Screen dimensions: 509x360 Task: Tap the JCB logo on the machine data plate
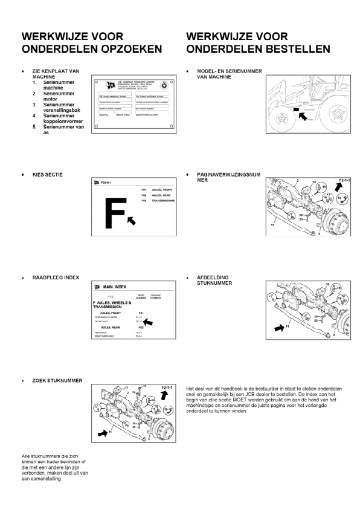click(x=112, y=85)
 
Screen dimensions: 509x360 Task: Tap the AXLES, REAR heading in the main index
click(x=113, y=328)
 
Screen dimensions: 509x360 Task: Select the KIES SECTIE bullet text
click(x=48, y=174)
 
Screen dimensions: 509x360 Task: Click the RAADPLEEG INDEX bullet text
click(x=56, y=277)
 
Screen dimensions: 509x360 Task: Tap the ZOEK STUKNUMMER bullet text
click(x=57, y=380)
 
